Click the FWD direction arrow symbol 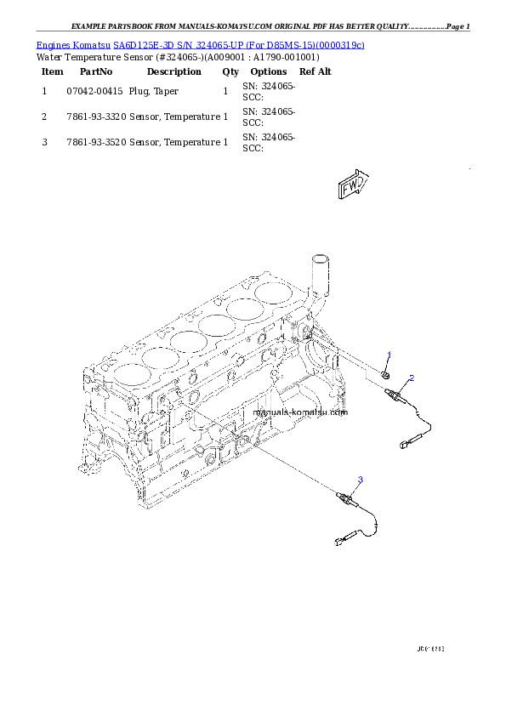coord(352,186)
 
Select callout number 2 coord(412,378)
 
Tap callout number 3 coord(360,480)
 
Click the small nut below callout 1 coord(387,372)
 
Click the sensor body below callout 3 coord(345,497)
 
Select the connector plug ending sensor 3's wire coord(344,538)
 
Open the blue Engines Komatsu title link coord(201,44)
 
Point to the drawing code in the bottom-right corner coord(431,649)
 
